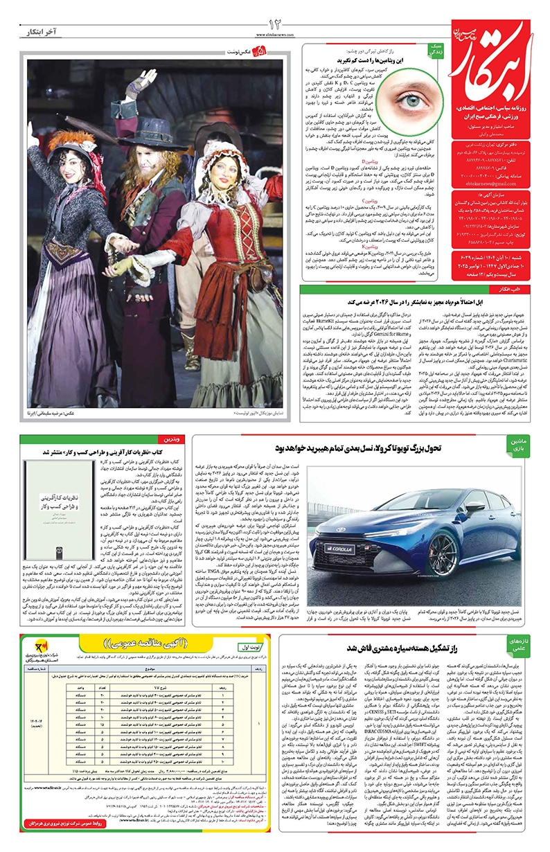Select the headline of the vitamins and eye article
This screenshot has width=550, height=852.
coord(361,61)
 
